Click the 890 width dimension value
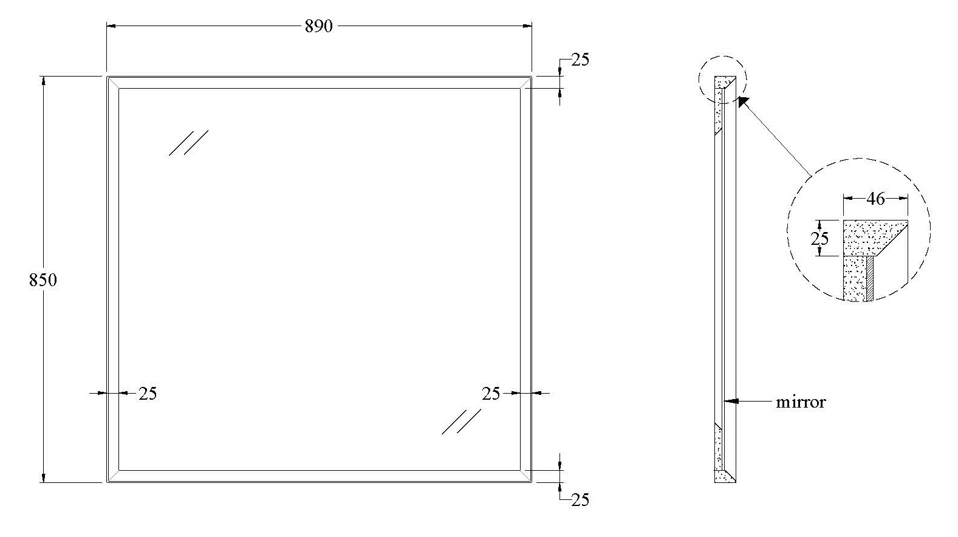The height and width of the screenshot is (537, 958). (318, 27)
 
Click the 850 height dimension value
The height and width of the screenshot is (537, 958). (43, 280)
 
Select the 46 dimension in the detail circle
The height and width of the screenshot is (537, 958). (875, 199)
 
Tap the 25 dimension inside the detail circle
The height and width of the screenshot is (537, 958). (819, 238)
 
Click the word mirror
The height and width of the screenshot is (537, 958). (801, 402)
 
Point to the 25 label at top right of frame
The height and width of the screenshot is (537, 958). (580, 60)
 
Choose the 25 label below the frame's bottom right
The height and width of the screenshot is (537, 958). (580, 500)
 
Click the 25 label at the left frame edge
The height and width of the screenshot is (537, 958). (148, 394)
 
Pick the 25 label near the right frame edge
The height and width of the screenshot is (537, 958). (491, 394)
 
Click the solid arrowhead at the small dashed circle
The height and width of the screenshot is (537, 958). (744, 102)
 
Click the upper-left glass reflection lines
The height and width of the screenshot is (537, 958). (188, 143)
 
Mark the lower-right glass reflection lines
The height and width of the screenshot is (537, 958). (461, 422)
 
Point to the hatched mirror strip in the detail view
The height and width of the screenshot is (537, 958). (869, 279)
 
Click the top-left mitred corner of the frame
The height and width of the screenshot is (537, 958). (112, 83)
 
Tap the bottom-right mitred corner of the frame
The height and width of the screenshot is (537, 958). (526, 476)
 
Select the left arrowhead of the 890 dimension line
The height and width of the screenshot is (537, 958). (111, 26)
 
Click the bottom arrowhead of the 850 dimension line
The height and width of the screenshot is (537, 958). (43, 477)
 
